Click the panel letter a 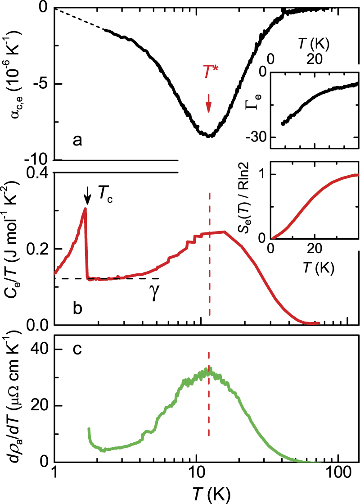tap(78, 141)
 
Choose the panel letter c tap(77, 350)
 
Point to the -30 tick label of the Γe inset tap(256, 137)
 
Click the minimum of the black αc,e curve tap(208, 135)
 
